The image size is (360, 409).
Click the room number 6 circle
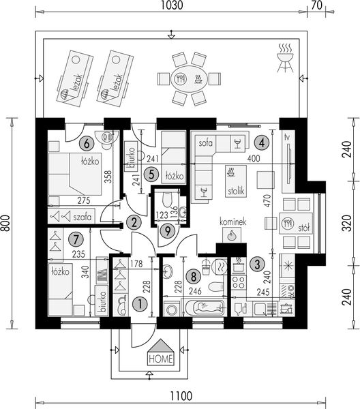coord(87,143)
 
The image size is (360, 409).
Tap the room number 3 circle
coord(257,264)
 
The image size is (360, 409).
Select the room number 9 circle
coord(167,231)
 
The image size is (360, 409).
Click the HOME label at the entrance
coord(161,359)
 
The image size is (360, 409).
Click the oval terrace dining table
coord(189,78)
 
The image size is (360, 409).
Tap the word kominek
coord(232,222)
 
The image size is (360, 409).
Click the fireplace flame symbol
coord(231,235)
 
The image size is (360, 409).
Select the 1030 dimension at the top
coord(171,5)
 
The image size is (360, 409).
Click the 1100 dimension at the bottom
coord(181,395)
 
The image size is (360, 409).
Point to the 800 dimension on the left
coord(5,223)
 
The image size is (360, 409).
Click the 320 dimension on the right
coord(347,223)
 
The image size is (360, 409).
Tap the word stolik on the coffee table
coord(236,191)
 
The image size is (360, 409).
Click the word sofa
coord(205,143)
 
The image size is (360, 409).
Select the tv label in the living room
coord(288,138)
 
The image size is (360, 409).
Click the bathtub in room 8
coord(205,308)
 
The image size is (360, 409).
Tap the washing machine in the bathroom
coord(172,309)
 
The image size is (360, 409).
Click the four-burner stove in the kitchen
coord(239,282)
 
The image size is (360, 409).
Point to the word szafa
coord(82,217)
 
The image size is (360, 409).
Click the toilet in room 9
coord(167,200)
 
